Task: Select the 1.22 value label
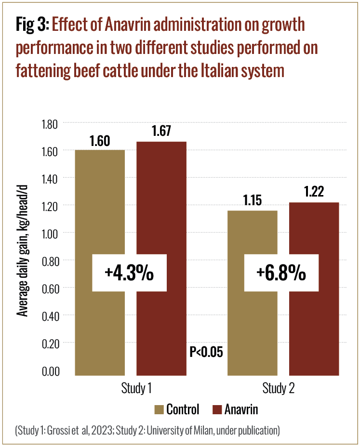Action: click(x=314, y=192)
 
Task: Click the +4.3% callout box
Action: click(x=129, y=273)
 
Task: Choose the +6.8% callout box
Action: click(x=281, y=273)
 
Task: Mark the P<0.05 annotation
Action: click(x=206, y=352)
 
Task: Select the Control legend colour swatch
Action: click(x=159, y=410)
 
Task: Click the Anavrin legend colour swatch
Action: click(x=216, y=410)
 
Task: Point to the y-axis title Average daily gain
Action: click(x=22, y=247)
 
